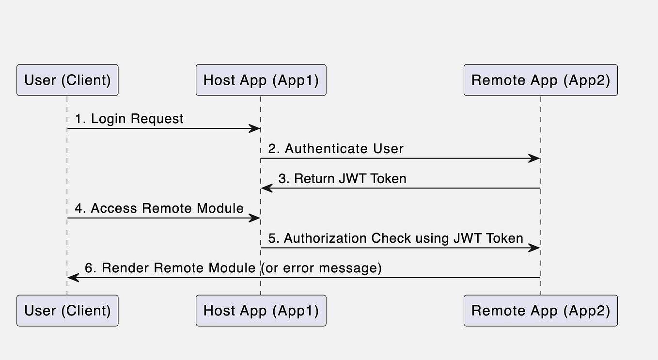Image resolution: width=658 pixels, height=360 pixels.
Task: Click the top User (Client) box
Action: [x=67, y=80]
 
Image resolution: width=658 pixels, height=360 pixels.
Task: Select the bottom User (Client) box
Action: [x=67, y=311]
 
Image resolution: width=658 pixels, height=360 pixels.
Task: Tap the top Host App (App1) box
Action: [x=261, y=80]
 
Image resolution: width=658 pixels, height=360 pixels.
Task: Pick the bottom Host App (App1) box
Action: [x=261, y=311]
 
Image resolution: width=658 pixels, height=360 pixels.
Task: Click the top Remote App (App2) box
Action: [x=540, y=80]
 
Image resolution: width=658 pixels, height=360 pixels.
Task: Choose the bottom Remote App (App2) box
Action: [x=540, y=311]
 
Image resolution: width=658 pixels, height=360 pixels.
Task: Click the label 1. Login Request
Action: [x=129, y=119]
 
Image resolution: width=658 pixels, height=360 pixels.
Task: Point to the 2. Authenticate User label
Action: [x=336, y=149]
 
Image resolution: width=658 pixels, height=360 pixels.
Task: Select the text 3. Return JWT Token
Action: [x=342, y=179]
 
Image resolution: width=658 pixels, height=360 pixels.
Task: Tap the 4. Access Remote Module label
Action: [x=159, y=208]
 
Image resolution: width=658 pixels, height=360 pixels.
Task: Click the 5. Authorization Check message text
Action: [x=395, y=238]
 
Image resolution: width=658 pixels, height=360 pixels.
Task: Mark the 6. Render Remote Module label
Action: [x=170, y=268]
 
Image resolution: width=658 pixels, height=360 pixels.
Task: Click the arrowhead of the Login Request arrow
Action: [x=255, y=128]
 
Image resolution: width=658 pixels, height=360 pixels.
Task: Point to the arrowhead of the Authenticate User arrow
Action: [x=534, y=158]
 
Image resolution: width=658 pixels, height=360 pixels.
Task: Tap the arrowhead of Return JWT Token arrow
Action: [x=266, y=188]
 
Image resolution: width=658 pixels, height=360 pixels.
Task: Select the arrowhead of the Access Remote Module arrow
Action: [x=255, y=218]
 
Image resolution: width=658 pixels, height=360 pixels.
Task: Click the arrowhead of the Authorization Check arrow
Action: [x=534, y=248]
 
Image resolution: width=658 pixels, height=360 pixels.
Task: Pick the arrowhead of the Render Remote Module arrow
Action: [x=73, y=278]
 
